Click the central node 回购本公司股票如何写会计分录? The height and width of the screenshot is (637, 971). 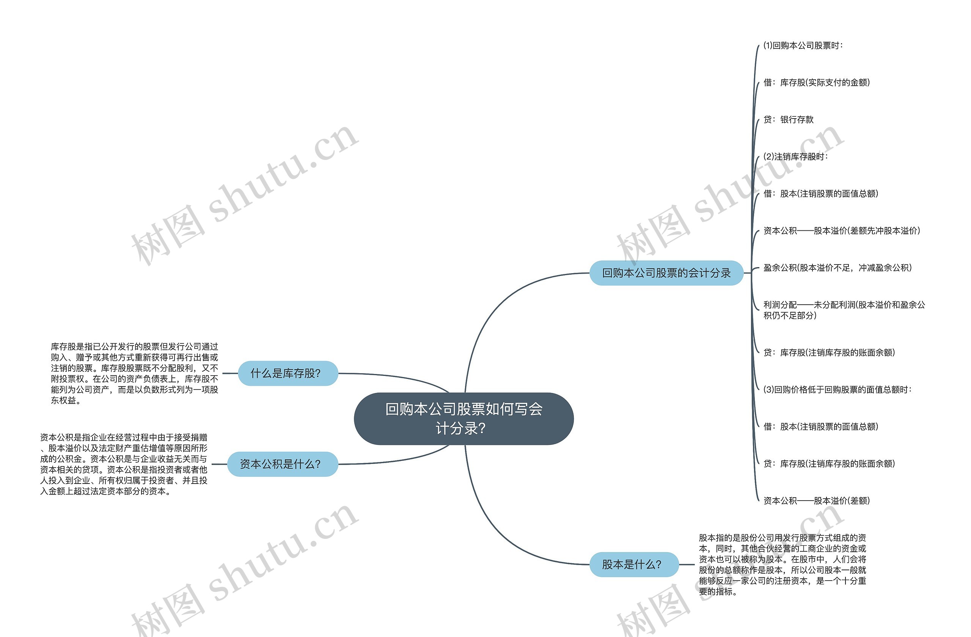464,419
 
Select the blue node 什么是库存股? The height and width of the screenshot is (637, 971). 288,373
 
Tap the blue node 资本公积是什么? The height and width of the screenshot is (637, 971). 282,464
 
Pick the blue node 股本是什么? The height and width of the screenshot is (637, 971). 633,565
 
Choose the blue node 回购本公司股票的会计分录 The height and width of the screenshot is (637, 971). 666,273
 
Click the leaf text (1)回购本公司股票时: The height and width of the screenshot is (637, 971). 803,45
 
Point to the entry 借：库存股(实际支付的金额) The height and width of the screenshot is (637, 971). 816,83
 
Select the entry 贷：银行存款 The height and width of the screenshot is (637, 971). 788,120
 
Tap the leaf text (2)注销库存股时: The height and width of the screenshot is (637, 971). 795,157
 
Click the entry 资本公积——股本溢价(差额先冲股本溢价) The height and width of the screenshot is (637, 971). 842,231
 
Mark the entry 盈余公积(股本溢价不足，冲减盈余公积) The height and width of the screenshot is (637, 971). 837,268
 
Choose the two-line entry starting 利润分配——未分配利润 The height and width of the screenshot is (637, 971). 844,310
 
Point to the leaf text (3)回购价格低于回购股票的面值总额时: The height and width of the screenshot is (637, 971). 837,390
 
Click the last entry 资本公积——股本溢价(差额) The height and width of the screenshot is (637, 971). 816,501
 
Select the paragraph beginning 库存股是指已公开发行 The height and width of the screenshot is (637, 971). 134,373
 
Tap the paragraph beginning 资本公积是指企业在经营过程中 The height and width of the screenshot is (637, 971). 124,464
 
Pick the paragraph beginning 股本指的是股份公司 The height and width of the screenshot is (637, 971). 782,565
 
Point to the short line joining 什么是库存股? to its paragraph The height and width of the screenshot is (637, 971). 230,373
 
